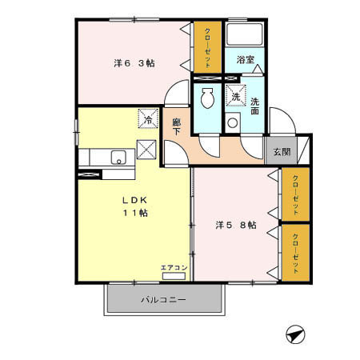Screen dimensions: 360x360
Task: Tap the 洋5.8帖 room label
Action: (x=234, y=226)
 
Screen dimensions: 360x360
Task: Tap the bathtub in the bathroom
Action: (x=246, y=35)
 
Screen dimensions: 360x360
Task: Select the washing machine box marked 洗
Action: (x=235, y=96)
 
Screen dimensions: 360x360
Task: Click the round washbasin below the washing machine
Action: (x=233, y=124)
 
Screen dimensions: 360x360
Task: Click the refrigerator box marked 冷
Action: (x=147, y=119)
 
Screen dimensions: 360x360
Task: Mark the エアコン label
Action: (x=174, y=267)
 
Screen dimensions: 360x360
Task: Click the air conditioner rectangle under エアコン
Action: (x=174, y=276)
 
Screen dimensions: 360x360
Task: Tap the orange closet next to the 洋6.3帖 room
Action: (x=206, y=46)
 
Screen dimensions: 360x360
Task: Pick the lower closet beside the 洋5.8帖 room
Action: (x=296, y=252)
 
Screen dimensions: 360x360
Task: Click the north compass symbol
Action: (x=293, y=334)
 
